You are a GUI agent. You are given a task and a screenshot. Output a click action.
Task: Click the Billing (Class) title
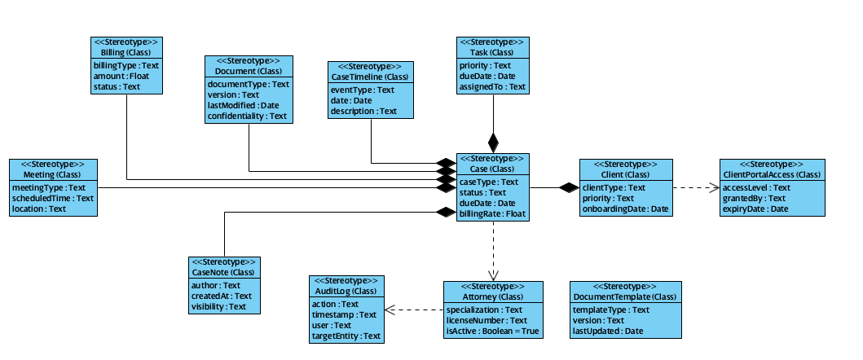point(125,53)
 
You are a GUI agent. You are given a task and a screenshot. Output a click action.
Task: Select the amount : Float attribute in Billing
point(121,75)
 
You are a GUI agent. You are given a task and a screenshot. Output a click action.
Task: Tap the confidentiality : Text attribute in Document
point(247,116)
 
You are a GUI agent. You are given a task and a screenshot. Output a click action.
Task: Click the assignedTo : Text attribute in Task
point(492,86)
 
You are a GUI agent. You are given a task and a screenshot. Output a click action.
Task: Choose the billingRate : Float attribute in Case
point(492,214)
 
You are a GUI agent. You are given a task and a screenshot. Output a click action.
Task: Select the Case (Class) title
point(492,169)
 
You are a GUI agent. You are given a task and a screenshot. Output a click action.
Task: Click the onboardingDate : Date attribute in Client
point(626,209)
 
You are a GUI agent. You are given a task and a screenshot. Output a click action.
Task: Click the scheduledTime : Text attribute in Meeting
point(53,198)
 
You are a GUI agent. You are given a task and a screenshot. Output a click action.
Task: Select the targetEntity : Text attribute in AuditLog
point(346,336)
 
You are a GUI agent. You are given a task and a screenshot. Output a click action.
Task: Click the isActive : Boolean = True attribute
point(493,331)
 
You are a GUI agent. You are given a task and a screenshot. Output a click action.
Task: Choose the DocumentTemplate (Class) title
point(625,296)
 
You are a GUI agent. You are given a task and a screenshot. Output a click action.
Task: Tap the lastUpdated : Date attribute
point(608,331)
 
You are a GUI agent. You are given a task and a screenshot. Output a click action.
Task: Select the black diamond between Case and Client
point(568,188)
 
